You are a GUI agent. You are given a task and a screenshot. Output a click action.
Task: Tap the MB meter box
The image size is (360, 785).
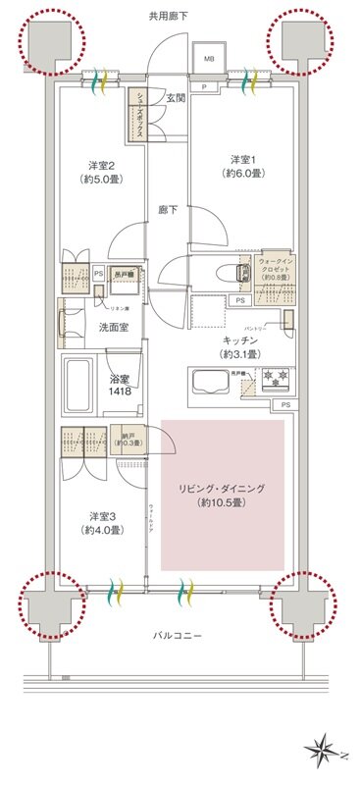tap(209, 59)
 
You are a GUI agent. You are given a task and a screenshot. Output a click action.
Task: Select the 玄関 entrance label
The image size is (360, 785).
tap(176, 97)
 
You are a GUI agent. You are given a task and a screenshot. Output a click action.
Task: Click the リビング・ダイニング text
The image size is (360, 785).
tap(222, 488)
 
